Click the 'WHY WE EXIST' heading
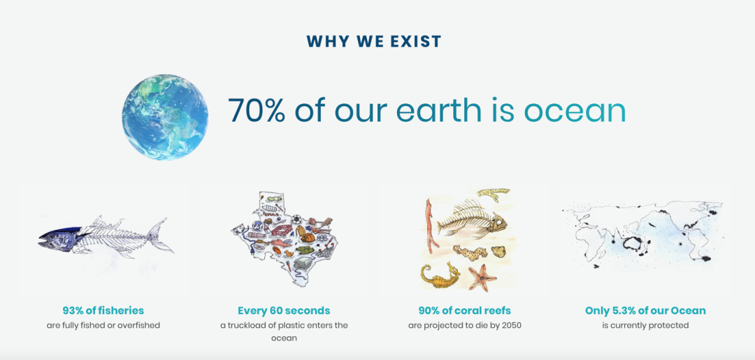tap(373, 41)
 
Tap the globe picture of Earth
tap(165, 117)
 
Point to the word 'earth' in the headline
tap(438, 110)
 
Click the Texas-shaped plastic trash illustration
tap(284, 238)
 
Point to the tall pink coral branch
tap(431, 226)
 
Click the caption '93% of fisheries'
tap(103, 310)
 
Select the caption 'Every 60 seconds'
tap(284, 310)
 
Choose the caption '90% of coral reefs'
tap(465, 310)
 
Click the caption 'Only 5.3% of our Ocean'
tap(645, 310)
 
